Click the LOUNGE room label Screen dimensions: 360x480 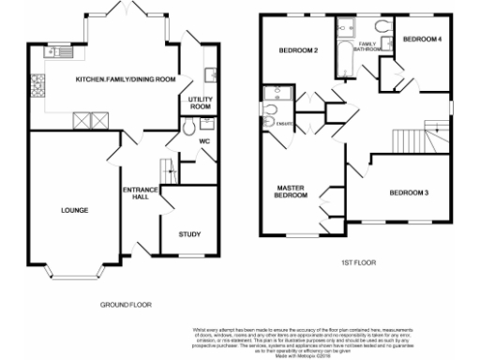click(75, 210)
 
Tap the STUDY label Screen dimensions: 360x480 click(190, 235)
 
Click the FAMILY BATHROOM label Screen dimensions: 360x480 click(367, 45)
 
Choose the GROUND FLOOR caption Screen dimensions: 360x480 click(126, 305)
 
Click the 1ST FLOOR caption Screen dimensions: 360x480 click(358, 263)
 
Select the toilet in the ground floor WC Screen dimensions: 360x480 click(208, 124)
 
